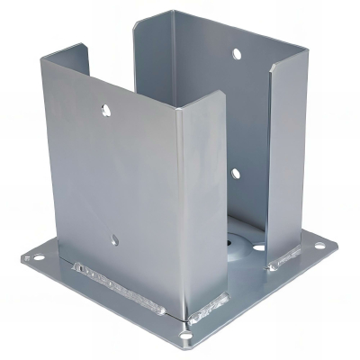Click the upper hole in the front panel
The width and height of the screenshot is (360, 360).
(x=106, y=111)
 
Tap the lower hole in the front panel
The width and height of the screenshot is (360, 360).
(x=114, y=239)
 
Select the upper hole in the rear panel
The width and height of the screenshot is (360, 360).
(x=237, y=54)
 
